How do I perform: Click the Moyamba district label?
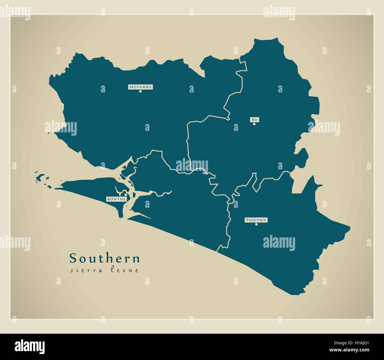[141, 87]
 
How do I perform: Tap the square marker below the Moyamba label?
[141, 91]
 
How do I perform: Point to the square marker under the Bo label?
[254, 124]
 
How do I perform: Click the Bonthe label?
[117, 199]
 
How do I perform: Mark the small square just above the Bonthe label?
[126, 195]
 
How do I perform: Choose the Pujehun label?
[256, 220]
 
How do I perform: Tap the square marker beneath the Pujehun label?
[256, 224]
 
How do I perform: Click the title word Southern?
[105, 258]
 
